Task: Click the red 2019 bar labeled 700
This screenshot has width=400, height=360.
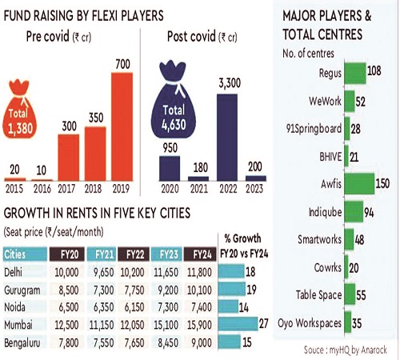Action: [122, 126]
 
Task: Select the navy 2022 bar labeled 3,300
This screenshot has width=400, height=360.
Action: [227, 138]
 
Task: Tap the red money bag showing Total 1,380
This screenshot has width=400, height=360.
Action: [20, 109]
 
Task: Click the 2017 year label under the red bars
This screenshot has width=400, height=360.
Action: [66, 189]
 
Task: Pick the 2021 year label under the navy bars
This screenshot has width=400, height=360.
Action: [199, 189]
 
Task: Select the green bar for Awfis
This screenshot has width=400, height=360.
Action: [359, 184]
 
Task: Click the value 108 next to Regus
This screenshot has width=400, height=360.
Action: [374, 71]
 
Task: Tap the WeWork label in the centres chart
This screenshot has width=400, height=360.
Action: [325, 101]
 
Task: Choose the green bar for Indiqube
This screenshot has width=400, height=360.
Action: [354, 212]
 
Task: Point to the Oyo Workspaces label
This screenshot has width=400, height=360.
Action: [310, 323]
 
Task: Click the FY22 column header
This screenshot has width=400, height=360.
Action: [134, 254]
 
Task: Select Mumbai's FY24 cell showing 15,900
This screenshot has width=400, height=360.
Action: [199, 325]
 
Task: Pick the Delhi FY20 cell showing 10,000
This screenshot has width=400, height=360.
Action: [66, 273]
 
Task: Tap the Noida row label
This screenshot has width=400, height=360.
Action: [14, 307]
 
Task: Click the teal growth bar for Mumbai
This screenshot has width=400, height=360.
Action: [238, 324]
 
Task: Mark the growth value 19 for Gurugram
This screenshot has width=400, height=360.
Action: [251, 290]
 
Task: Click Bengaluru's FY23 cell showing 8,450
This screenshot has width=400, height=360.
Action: [168, 343]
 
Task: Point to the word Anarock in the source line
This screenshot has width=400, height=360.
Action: [374, 350]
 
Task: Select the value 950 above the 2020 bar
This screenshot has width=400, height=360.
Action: [170, 148]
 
